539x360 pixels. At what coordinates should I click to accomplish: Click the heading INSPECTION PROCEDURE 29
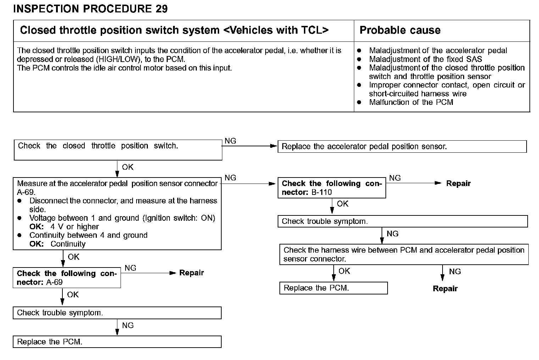point(90,9)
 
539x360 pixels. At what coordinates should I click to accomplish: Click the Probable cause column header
point(400,30)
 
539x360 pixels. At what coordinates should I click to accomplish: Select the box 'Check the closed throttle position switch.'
point(118,150)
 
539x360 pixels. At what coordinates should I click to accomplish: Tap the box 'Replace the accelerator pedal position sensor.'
point(402,146)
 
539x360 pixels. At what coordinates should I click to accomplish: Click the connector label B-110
point(322,192)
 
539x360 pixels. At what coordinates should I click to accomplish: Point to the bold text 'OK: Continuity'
point(57,244)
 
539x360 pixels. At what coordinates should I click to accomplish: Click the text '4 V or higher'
point(74,227)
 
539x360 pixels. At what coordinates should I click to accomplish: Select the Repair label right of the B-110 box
point(458,184)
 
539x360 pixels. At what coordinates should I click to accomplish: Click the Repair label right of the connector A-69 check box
point(191,273)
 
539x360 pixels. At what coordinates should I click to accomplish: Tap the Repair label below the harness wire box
point(445,289)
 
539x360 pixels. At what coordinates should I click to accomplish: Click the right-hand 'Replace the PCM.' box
point(333,288)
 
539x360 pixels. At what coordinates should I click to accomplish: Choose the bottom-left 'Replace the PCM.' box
point(117,342)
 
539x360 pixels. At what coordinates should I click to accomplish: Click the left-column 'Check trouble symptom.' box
point(117,313)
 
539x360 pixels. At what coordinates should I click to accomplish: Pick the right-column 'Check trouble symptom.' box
point(402,221)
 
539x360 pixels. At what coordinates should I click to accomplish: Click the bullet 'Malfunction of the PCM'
point(411,102)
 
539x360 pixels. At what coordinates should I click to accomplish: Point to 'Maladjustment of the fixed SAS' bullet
point(425,59)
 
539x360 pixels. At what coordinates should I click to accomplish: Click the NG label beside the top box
point(230,141)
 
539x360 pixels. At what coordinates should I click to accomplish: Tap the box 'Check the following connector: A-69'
point(67,278)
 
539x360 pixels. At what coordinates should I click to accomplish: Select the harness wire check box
point(404,254)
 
